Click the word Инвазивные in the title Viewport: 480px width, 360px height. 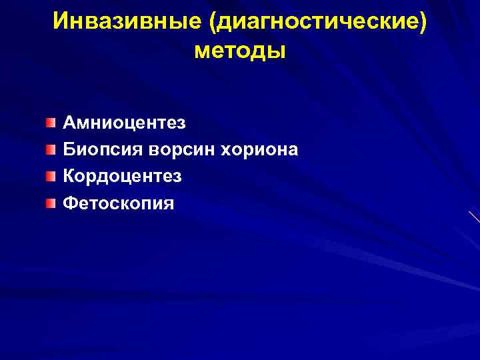(x=127, y=21)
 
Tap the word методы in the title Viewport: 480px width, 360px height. (x=239, y=50)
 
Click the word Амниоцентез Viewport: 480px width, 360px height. (x=125, y=123)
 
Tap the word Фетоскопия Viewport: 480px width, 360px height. (x=118, y=203)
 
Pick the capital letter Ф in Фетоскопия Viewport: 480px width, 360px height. (x=69, y=203)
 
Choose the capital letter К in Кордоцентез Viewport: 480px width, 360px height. (x=69, y=176)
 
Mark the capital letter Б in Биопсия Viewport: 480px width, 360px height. (x=69, y=149)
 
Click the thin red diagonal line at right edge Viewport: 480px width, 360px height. (x=475, y=217)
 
